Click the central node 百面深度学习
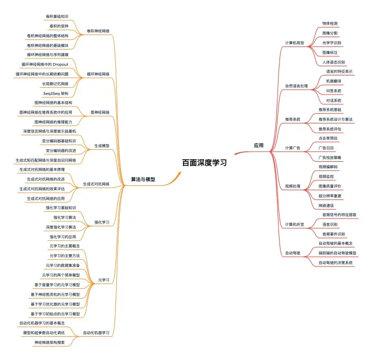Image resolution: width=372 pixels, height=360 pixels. coord(204,162)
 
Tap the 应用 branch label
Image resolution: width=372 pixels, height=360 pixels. coord(258,146)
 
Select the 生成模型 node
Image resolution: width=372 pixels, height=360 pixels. coord(102,146)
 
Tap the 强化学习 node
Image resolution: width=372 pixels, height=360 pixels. coord(101,222)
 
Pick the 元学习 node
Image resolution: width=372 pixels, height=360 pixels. coord(103,280)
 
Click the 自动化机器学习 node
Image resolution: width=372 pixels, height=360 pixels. coord(97,332)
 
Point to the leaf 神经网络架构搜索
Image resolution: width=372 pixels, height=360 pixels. coord(50,342)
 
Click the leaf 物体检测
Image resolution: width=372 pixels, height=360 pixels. coord(330,24)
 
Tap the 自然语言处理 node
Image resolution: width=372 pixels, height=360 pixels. coord(296,85)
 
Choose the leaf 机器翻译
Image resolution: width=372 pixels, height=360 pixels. coord(333,81)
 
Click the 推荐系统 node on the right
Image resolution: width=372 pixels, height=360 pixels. coord(292,119)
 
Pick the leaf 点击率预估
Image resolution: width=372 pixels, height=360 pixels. coord(328,138)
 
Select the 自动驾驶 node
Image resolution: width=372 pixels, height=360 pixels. coord(292,253)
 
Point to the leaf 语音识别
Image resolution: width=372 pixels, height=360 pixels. coord(330,224)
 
